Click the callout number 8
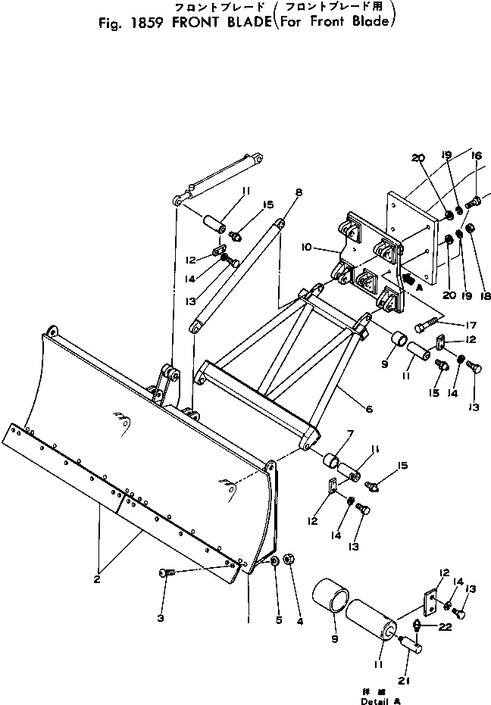click(x=299, y=194)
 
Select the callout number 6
click(x=369, y=410)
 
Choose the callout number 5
click(x=278, y=620)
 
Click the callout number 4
click(x=300, y=622)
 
